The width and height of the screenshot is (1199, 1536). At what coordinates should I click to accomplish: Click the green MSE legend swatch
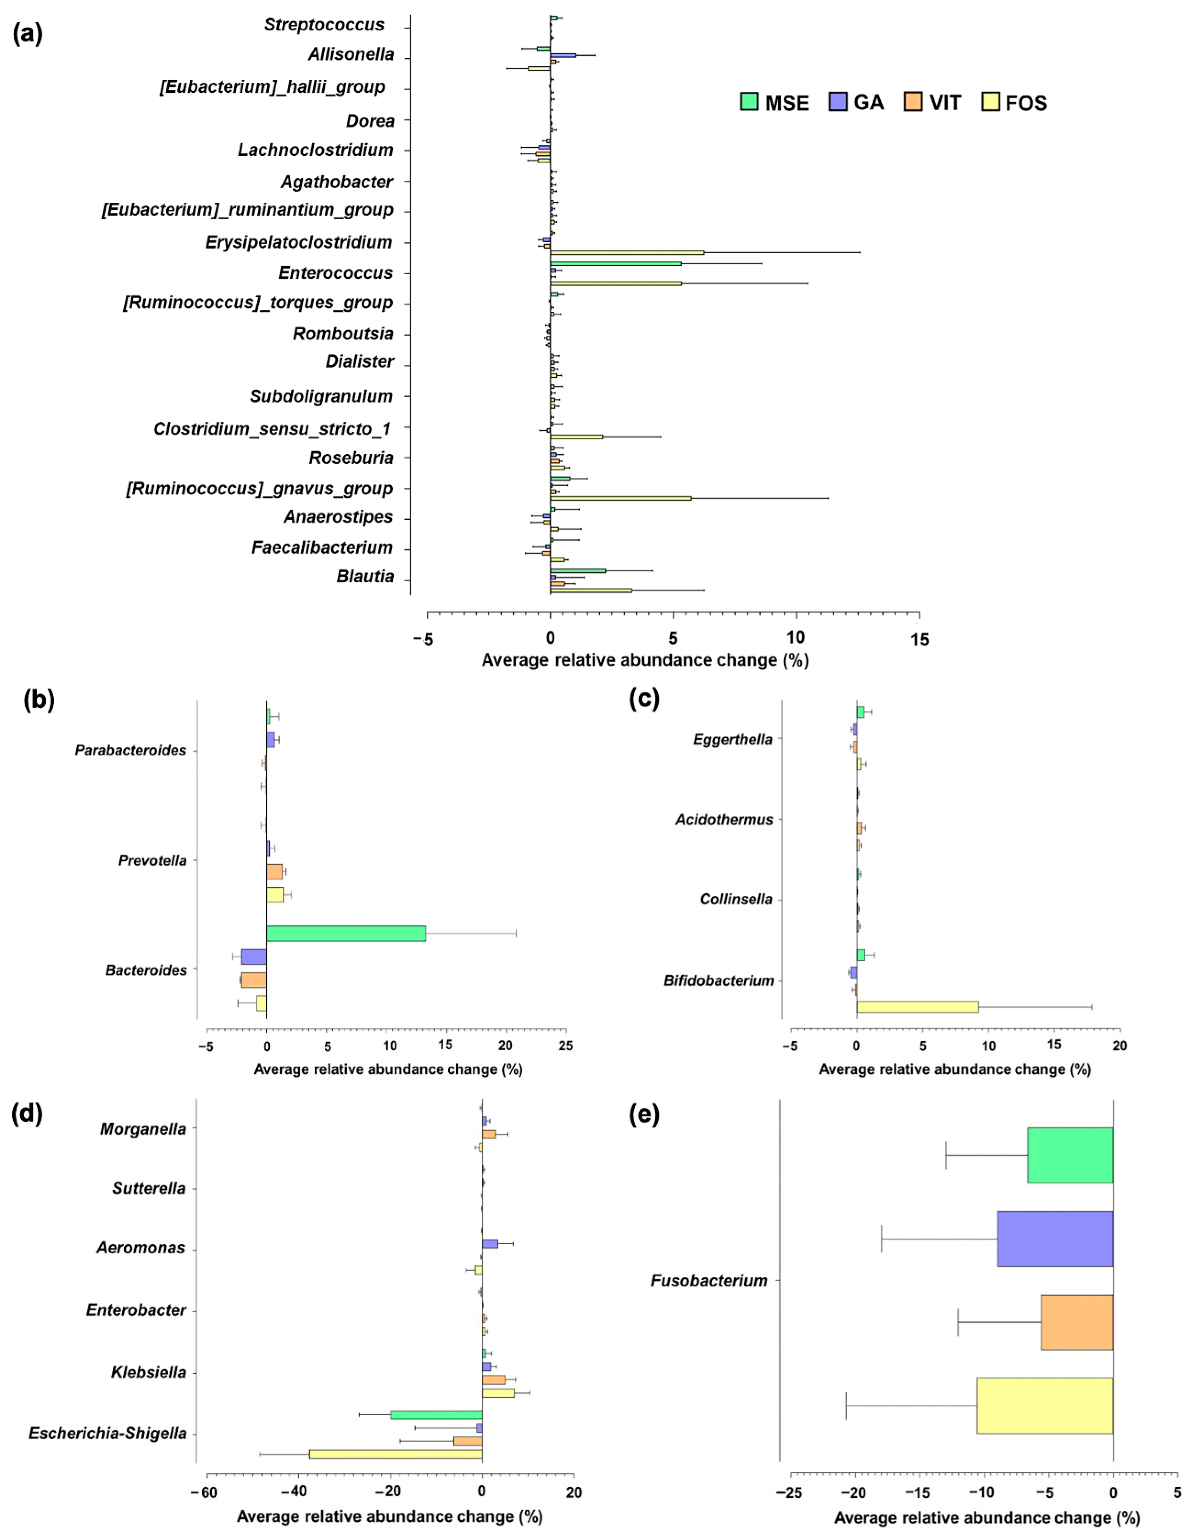tap(749, 102)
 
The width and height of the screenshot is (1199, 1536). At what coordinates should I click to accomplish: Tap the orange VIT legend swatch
tap(913, 102)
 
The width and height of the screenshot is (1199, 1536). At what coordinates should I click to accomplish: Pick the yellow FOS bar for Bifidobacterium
tap(917, 1007)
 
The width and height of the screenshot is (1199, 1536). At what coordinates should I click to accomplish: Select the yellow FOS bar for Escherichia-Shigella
tap(395, 1454)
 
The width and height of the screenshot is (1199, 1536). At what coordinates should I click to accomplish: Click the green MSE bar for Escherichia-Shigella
tap(436, 1414)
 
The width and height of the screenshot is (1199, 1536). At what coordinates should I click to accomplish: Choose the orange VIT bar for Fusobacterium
tap(1077, 1322)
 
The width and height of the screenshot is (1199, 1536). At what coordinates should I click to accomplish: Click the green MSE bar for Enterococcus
tap(615, 264)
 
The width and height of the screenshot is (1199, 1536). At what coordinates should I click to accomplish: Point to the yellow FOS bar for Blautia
tap(591, 590)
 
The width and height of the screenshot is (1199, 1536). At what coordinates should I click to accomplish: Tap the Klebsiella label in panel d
tap(148, 1372)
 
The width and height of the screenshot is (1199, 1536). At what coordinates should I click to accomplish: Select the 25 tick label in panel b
tap(565, 1046)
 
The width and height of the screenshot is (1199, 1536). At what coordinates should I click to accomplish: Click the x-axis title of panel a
tap(645, 661)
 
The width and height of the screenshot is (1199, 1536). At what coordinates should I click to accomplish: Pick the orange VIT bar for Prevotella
tap(274, 871)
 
